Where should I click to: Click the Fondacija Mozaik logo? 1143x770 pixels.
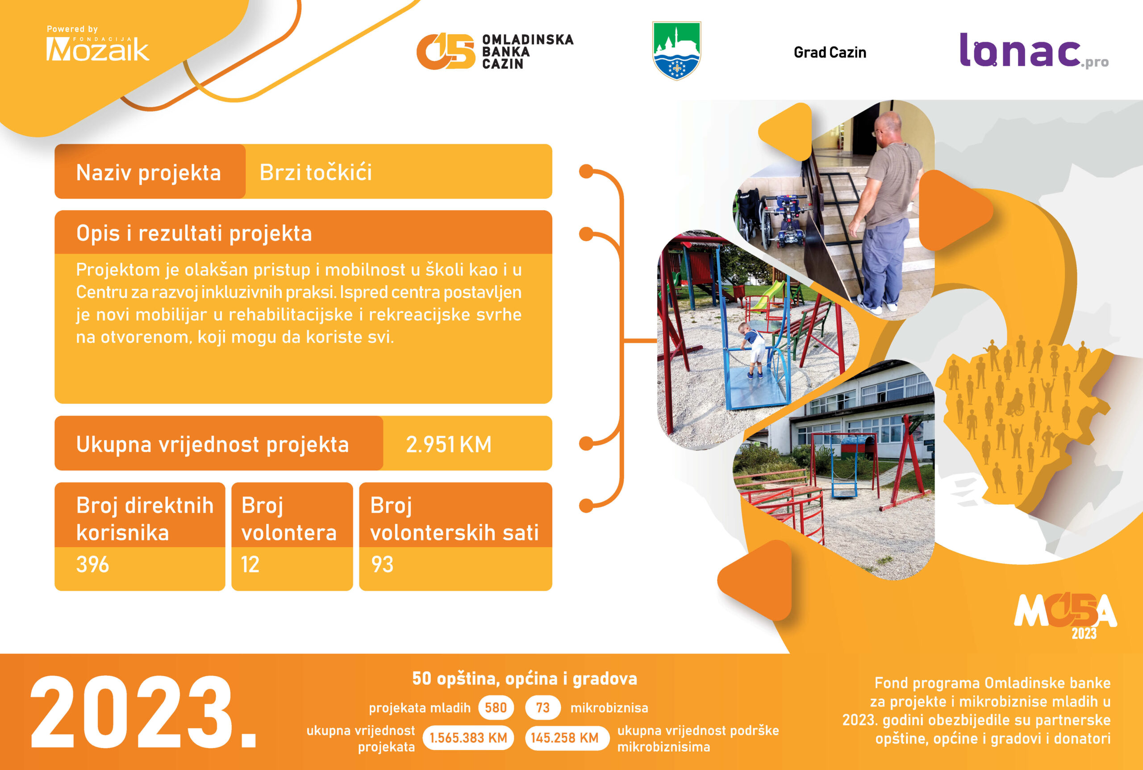pyautogui.click(x=97, y=44)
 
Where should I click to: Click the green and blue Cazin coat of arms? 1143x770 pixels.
pyautogui.click(x=676, y=50)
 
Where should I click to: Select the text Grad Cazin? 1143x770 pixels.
pyautogui.click(x=830, y=53)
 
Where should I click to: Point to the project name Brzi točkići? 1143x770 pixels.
pyautogui.click(x=316, y=172)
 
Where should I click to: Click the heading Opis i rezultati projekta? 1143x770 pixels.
pyautogui.click(x=194, y=233)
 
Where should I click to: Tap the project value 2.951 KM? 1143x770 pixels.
pyautogui.click(x=448, y=445)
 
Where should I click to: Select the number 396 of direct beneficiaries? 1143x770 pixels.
pyautogui.click(x=92, y=565)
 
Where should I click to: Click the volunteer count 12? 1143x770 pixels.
pyautogui.click(x=250, y=565)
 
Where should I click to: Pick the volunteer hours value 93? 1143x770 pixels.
pyautogui.click(x=382, y=565)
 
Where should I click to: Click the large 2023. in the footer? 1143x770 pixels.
pyautogui.click(x=143, y=712)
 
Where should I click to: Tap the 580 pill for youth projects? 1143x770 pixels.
pyautogui.click(x=496, y=708)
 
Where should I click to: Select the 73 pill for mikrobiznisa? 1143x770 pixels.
pyautogui.click(x=543, y=708)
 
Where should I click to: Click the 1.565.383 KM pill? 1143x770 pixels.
pyautogui.click(x=468, y=737)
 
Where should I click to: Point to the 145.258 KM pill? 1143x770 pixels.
pyautogui.click(x=565, y=737)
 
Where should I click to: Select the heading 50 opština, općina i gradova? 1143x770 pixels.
pyautogui.click(x=525, y=678)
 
